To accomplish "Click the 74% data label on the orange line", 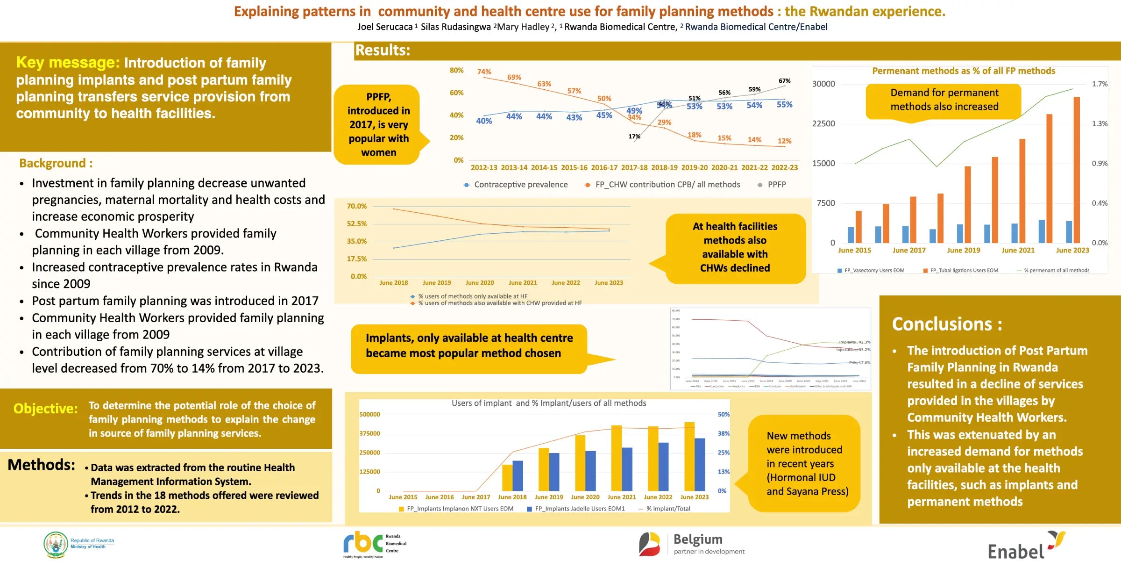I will [x=484, y=72].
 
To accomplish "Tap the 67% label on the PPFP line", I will [x=784, y=81].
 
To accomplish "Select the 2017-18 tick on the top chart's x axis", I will [x=634, y=167].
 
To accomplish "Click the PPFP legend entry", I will [x=776, y=185].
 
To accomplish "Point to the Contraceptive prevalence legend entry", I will [x=520, y=185].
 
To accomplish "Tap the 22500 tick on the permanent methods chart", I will [x=823, y=123].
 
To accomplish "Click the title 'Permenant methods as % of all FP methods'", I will [x=963, y=71].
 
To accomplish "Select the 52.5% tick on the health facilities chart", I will [x=357, y=224].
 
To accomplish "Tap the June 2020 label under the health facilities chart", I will [x=480, y=283].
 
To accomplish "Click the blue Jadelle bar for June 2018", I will [x=518, y=475].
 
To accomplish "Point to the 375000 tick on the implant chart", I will [x=370, y=434].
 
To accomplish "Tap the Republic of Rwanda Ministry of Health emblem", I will [x=56, y=544].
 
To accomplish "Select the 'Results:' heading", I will [x=383, y=50].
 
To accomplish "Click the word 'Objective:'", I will [x=45, y=409].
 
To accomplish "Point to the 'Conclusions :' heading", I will [x=947, y=324].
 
